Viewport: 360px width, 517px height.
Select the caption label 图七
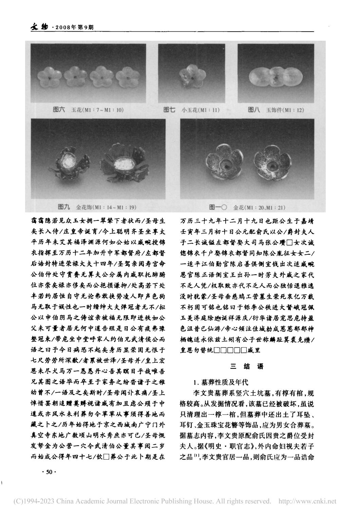click(x=169, y=110)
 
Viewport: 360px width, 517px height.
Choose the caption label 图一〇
click(x=219, y=206)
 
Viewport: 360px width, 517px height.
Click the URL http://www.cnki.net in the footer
click(x=307, y=501)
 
